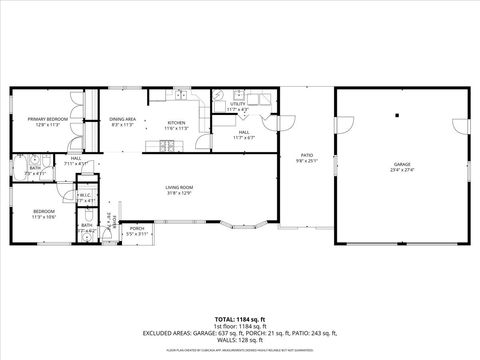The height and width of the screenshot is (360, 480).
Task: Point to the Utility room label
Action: tap(237, 104)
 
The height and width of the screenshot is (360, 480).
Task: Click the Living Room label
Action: tap(179, 187)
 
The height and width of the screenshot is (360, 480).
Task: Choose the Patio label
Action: tap(307, 155)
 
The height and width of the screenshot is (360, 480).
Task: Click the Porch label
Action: tap(137, 228)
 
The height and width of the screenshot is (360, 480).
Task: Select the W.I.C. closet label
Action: tap(85, 195)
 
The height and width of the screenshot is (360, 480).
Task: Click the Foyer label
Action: tap(113, 220)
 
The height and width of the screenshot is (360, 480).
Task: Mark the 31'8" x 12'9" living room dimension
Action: tap(179, 193)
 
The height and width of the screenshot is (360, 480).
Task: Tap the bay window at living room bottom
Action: tap(237, 220)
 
